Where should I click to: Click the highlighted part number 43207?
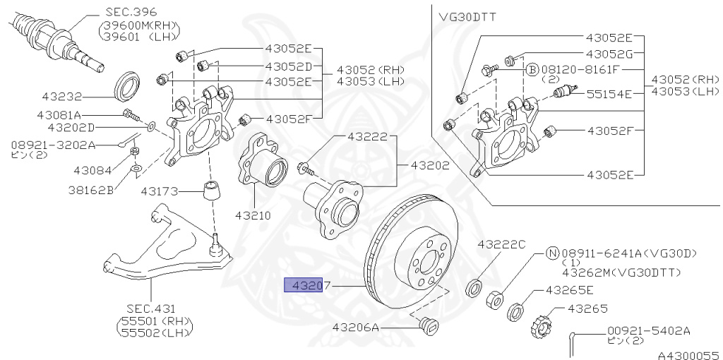point(303,285)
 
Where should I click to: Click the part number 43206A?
point(357,328)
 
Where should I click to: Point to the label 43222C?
point(501,244)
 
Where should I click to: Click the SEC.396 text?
point(131,12)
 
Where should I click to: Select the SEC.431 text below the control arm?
point(151,308)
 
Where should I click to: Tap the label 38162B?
point(91,189)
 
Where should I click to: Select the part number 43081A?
point(60,114)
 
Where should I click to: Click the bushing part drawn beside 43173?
point(210,190)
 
